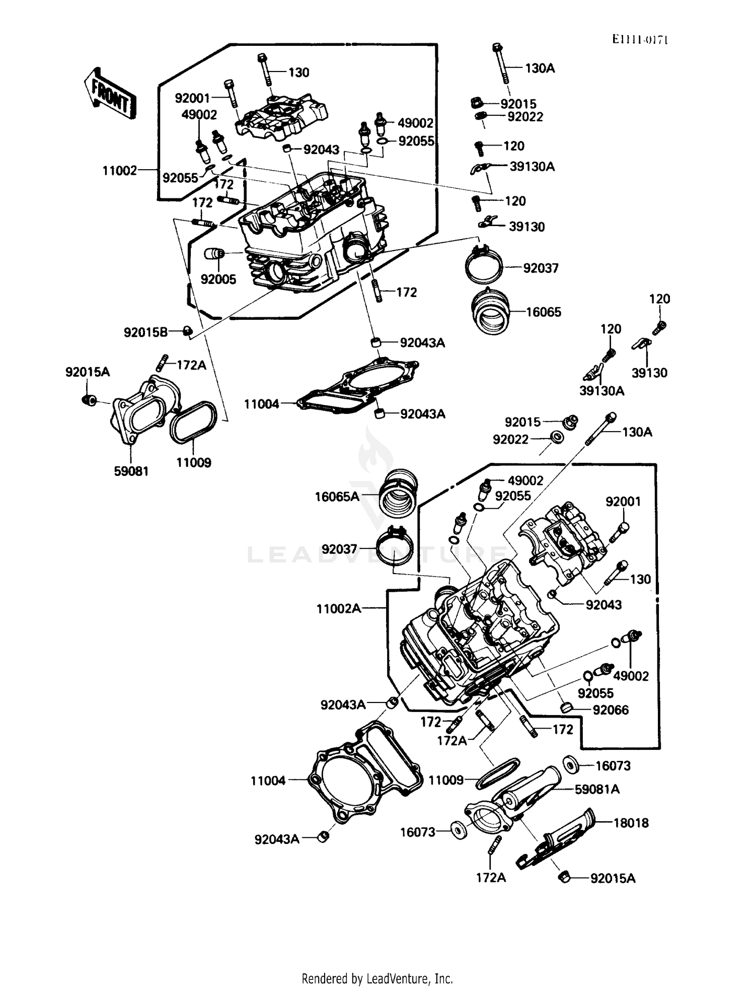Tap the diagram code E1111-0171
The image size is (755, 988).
(640, 40)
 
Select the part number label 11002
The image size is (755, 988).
(120, 171)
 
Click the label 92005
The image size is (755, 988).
(218, 279)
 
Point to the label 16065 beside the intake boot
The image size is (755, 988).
(544, 312)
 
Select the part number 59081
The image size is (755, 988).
(131, 471)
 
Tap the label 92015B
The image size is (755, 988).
(145, 332)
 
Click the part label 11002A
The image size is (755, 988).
(338, 609)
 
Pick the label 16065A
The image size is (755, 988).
(337, 497)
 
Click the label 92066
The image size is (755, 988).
(611, 710)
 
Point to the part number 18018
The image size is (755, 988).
(631, 823)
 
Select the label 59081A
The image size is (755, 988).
(597, 790)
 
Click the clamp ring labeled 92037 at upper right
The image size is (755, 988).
(483, 265)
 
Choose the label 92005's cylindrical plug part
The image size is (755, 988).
(214, 253)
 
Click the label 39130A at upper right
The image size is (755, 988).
(532, 167)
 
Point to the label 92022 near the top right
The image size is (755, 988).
(525, 117)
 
